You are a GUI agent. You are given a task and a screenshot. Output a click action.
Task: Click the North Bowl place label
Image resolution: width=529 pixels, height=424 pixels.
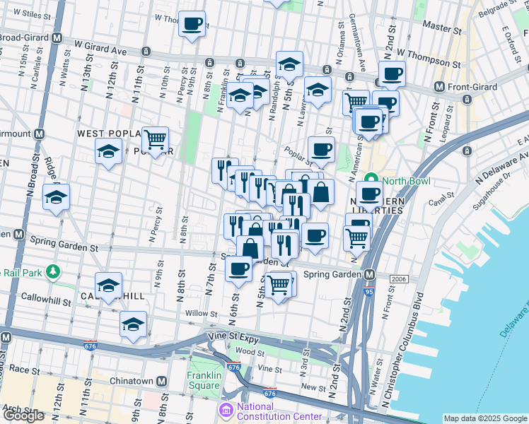point(402,179)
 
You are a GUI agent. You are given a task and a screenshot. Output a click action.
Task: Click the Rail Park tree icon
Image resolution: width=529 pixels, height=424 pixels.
point(52,271)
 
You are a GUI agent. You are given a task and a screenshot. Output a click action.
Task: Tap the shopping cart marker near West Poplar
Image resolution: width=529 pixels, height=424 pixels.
point(155,140)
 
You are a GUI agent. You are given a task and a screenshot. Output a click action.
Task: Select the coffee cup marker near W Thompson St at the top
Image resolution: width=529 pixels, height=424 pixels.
point(192,24)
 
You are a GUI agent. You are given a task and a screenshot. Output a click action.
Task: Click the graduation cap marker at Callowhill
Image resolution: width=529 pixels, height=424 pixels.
point(108,285)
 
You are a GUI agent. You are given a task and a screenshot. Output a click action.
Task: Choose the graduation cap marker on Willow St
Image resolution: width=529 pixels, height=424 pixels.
point(133,324)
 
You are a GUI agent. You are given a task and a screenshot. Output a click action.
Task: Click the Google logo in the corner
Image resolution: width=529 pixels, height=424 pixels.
point(24,415)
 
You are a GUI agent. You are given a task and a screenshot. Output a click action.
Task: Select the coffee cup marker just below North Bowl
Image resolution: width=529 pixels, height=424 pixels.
point(368,194)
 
